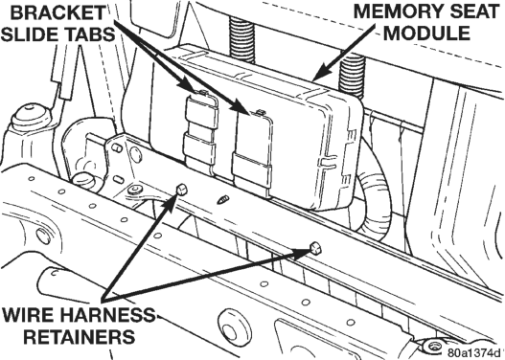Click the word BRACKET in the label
tap(58, 13)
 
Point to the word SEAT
tap(471, 12)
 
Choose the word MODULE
tap(427, 34)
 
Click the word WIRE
tap(30, 315)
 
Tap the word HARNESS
tap(108, 315)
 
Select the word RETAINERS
tap(80, 336)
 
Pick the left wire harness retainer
tap(182, 190)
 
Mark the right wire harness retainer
tap(314, 248)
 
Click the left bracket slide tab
tap(200, 128)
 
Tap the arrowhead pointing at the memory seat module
tap(319, 74)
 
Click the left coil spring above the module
tap(241, 39)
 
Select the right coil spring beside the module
tap(352, 77)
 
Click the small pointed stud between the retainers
tap(222, 200)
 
